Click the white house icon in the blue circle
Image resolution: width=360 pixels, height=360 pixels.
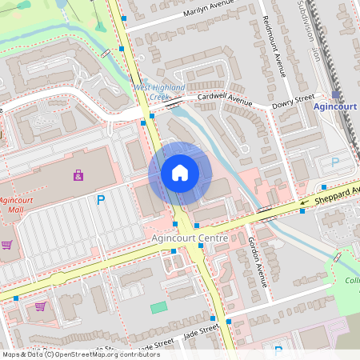pyautogui.click(x=180, y=173)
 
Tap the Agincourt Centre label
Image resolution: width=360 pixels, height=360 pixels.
pyautogui.click(x=189, y=238)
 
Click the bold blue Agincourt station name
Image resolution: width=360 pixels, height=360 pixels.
pyautogui.click(x=335, y=106)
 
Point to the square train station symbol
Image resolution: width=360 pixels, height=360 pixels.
pyautogui.click(x=335, y=94)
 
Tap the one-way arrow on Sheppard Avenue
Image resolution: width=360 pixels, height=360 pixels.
pyautogui.click(x=303, y=202)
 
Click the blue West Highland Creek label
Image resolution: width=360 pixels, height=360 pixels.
pyautogui.click(x=158, y=91)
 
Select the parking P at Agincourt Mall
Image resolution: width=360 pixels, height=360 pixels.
pyautogui.click(x=101, y=200)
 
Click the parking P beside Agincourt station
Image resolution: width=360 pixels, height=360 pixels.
pyautogui.click(x=335, y=162)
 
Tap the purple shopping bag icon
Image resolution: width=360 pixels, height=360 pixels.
pyautogui.click(x=78, y=174)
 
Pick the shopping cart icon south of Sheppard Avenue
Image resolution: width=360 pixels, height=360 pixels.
pyautogui.click(x=40, y=306)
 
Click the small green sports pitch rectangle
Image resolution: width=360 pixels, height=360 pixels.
pyautogui.click(x=159, y=307)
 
